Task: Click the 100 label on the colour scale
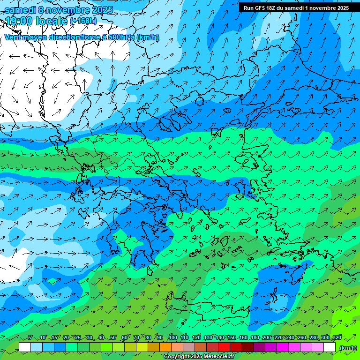(x=172, y=338)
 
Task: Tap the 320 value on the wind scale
(x=337, y=338)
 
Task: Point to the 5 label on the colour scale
(x=30, y=338)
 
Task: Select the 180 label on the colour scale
(x=255, y=338)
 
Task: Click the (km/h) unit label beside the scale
(x=347, y=348)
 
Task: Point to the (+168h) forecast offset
(x=83, y=21)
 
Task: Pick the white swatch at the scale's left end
(x=25, y=347)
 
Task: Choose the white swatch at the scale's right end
(x=330, y=347)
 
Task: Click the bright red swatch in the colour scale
(x=224, y=347)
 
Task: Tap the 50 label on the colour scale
(x=113, y=338)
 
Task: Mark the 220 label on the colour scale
(x=278, y=338)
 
